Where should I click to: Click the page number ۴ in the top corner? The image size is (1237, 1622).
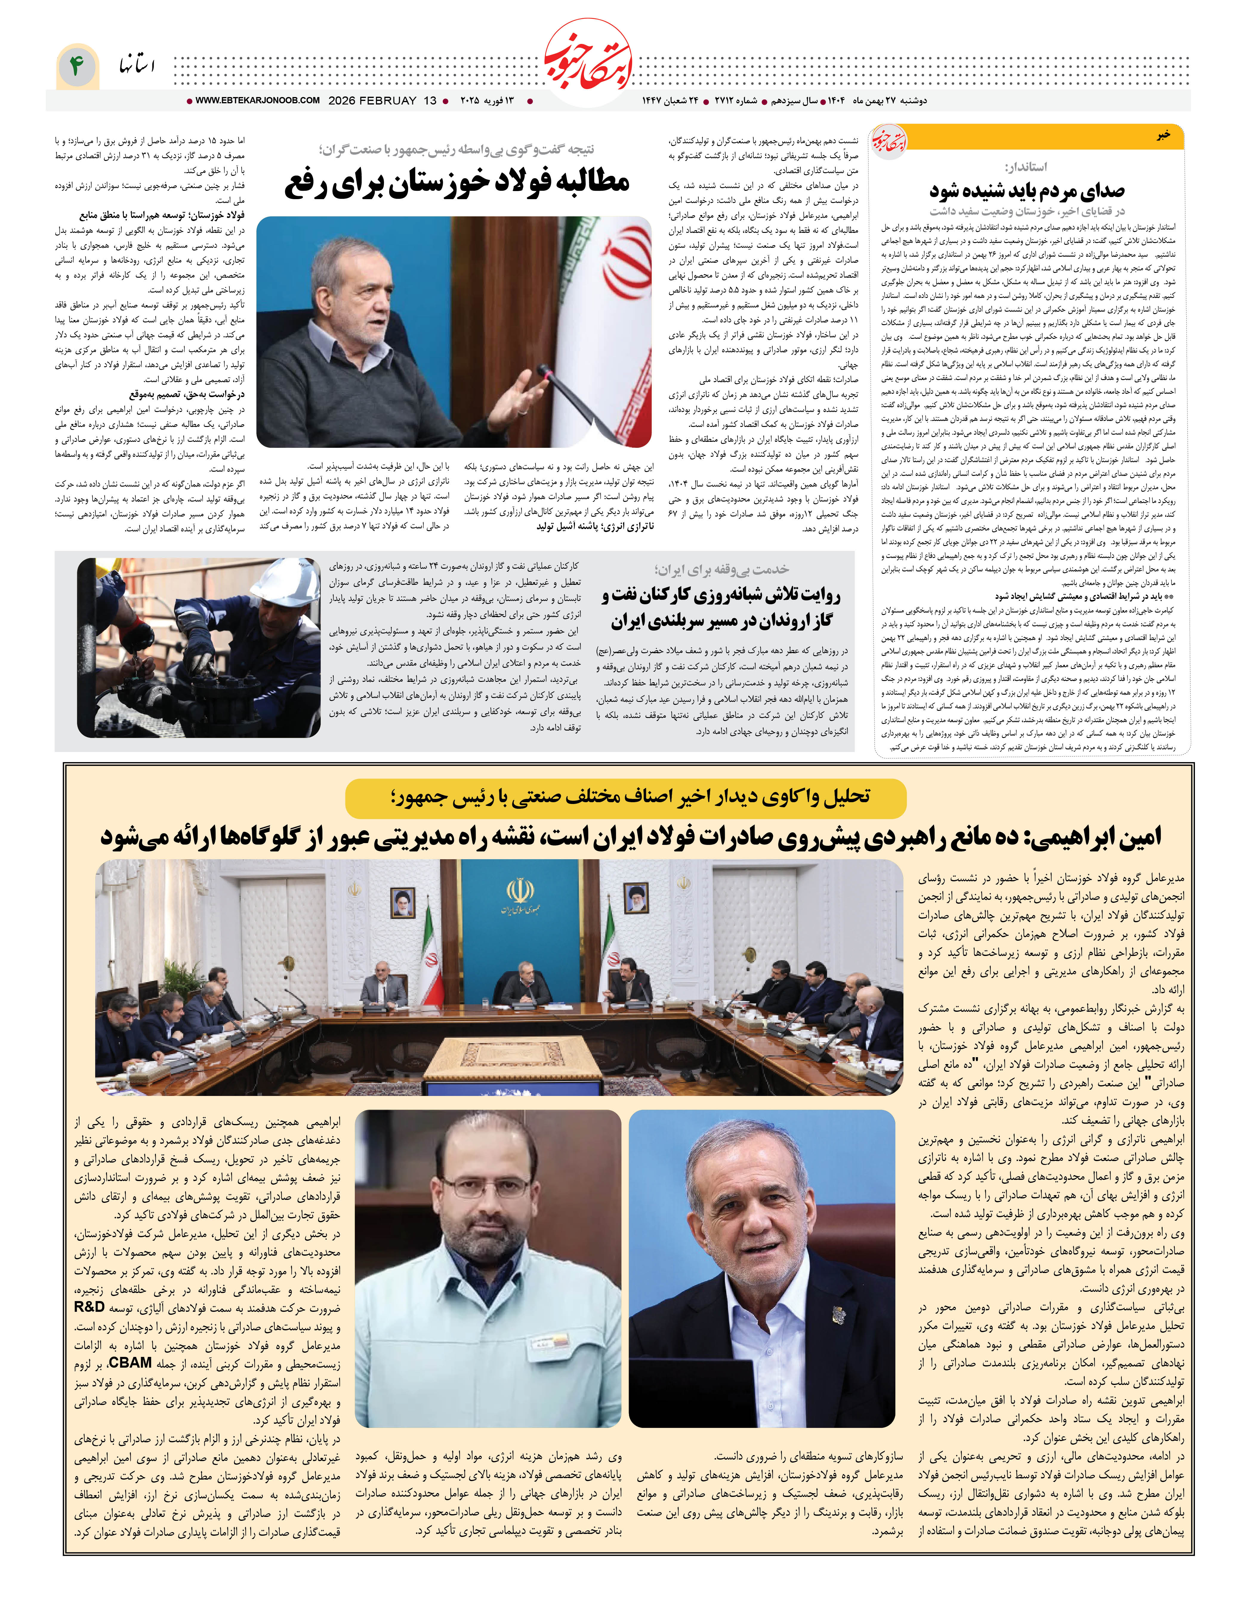(76, 66)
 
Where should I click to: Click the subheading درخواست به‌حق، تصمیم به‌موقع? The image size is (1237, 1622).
(186, 395)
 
